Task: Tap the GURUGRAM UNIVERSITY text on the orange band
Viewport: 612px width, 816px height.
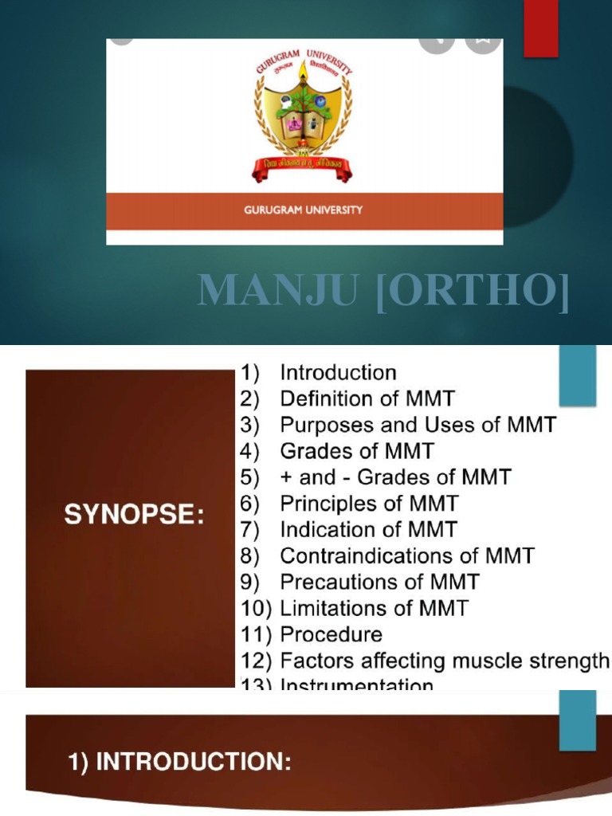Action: (x=304, y=210)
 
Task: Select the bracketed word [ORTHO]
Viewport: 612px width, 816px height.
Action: (x=473, y=291)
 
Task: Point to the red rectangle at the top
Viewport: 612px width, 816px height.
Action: (x=540, y=29)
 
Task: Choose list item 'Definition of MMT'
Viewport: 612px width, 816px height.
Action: (x=367, y=398)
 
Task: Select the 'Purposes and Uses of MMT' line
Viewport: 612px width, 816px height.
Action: (x=418, y=425)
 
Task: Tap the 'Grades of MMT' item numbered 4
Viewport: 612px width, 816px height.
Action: (x=356, y=451)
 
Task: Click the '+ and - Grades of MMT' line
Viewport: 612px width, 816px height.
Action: (x=395, y=477)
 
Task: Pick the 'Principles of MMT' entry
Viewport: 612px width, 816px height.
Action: (x=369, y=504)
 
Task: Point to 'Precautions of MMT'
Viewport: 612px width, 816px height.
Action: (x=379, y=583)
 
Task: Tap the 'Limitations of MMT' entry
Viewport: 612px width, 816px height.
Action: (x=374, y=609)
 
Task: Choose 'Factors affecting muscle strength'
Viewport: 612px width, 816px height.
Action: (x=444, y=661)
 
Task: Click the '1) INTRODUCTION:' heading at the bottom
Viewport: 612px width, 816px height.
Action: (x=178, y=763)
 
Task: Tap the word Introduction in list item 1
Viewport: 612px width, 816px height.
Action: (x=338, y=372)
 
